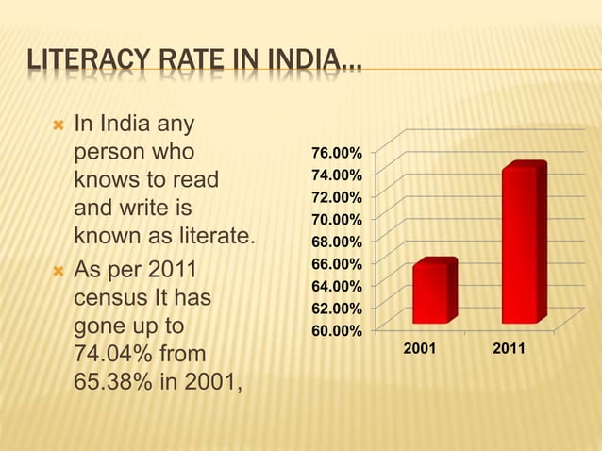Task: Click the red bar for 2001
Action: (x=433, y=292)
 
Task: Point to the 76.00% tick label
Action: (x=337, y=153)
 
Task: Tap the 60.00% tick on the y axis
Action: (x=337, y=331)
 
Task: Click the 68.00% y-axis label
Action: (x=337, y=242)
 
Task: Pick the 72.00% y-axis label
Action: (x=337, y=197)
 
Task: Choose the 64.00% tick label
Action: (x=337, y=286)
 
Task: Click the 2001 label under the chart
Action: (x=420, y=349)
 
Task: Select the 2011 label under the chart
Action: (x=509, y=349)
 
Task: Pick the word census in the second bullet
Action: (x=109, y=300)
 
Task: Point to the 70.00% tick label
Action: (x=337, y=219)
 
